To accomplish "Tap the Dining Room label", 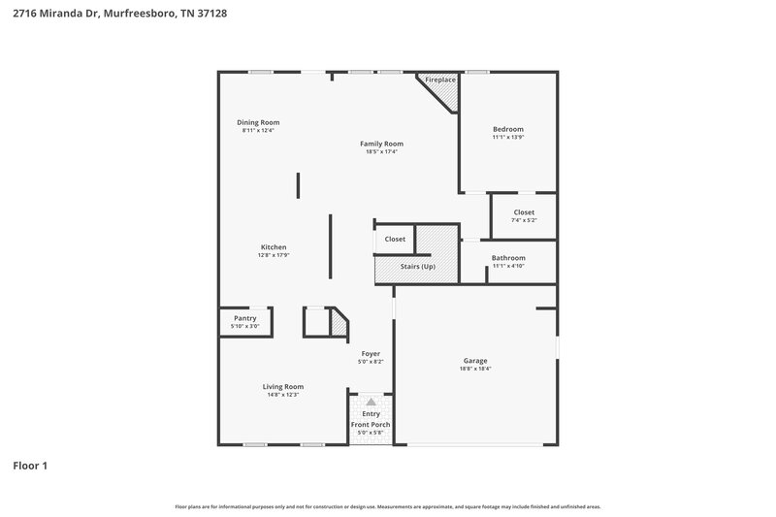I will [258, 122].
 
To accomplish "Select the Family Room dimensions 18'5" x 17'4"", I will [384, 151].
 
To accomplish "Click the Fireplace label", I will [440, 80].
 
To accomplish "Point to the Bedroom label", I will [507, 129].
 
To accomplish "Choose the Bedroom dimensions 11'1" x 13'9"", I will [507, 137].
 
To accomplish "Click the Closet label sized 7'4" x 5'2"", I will [524, 212].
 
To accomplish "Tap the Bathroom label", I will [508, 258].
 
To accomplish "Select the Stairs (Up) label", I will [418, 266].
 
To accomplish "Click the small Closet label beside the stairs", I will [395, 239].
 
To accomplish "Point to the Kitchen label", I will [274, 247].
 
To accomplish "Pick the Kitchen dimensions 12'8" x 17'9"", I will [274, 255].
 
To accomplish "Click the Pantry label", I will [244, 318].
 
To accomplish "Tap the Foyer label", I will [371, 354].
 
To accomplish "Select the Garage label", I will [474, 360].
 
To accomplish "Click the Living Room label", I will [283, 386].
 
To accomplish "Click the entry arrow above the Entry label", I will [370, 401].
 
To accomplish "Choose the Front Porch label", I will [371, 424].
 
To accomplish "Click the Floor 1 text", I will [30, 466].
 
